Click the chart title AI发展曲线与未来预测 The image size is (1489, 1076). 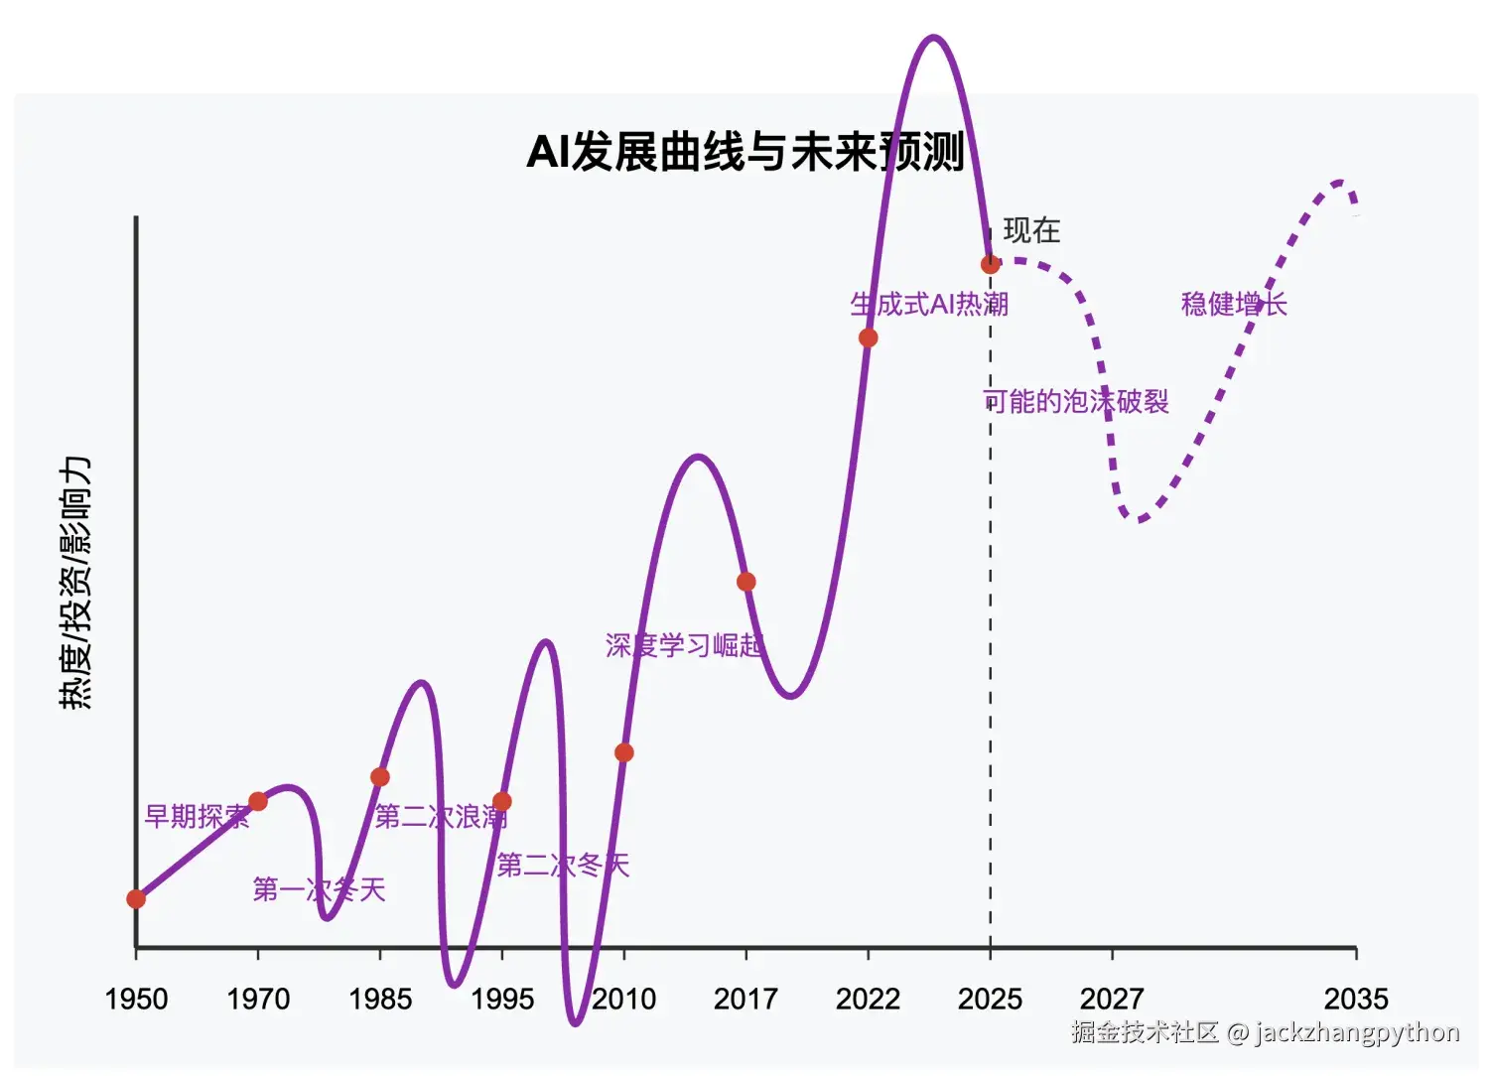click(x=744, y=152)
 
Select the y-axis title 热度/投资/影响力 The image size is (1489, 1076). click(x=75, y=583)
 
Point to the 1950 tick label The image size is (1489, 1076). click(x=136, y=999)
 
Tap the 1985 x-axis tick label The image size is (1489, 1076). click(x=380, y=999)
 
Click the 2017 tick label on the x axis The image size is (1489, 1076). click(x=745, y=999)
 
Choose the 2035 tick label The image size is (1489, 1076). click(x=1356, y=999)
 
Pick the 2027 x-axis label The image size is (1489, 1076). click(x=1112, y=999)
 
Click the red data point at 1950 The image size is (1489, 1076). click(x=136, y=899)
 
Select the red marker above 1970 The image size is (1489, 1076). click(x=258, y=801)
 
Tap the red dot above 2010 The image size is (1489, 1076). click(x=623, y=752)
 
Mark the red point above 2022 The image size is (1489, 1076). click(x=868, y=337)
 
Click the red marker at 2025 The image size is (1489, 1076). click(x=990, y=264)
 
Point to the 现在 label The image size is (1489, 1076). click(x=1031, y=231)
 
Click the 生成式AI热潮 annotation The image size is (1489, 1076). click(x=929, y=304)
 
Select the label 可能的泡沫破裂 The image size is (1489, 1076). click(x=1076, y=401)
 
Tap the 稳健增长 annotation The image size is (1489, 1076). click(x=1234, y=304)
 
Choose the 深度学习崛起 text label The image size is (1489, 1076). click(x=684, y=645)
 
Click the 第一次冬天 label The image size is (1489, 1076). click(x=319, y=889)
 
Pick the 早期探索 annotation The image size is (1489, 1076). click(x=197, y=816)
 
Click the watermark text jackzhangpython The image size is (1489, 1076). click(x=1357, y=1032)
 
